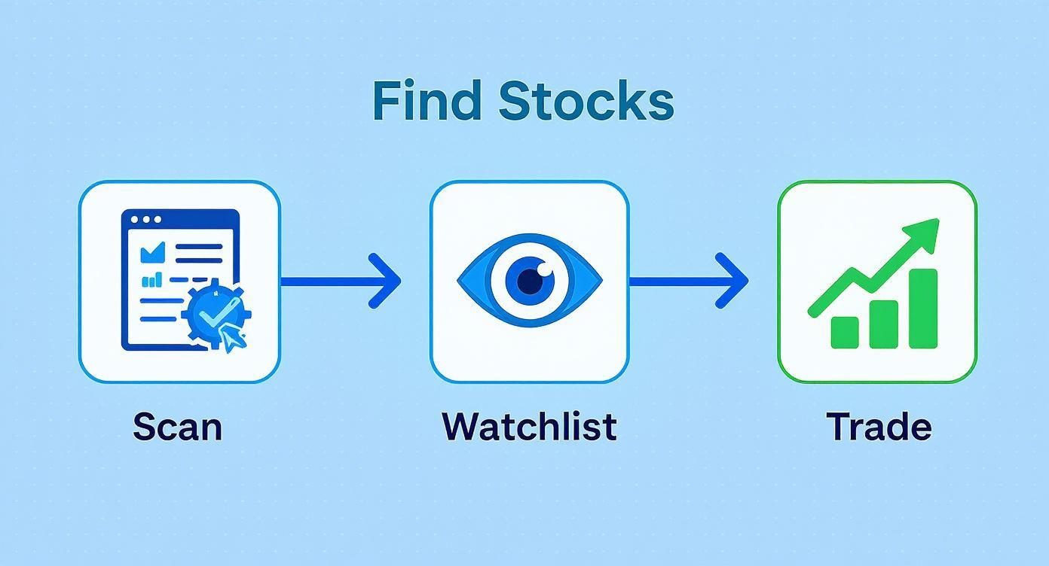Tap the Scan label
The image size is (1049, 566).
coord(178,427)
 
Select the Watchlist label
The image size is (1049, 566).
coord(529,427)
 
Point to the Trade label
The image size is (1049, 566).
coord(879,427)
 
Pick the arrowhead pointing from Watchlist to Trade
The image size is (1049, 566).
coord(734,281)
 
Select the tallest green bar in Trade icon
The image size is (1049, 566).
coord(923,309)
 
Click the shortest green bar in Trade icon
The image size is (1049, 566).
coord(845,332)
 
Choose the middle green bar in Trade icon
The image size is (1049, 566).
coord(884,324)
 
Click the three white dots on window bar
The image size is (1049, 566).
coord(146,220)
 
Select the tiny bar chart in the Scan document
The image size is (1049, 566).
coord(152,280)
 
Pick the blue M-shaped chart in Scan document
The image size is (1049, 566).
coord(154,249)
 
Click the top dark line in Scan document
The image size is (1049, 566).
coord(198,246)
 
